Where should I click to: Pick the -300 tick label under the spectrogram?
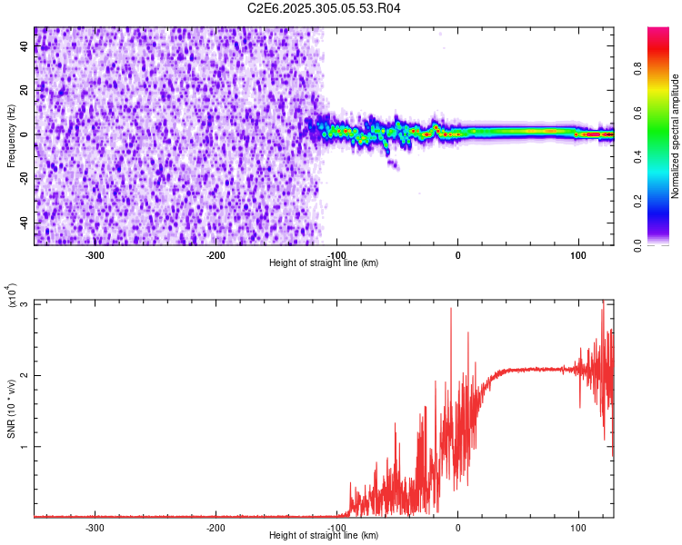tap(95, 254)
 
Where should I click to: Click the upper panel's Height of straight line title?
tap(325, 263)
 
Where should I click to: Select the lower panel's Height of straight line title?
tap(325, 535)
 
